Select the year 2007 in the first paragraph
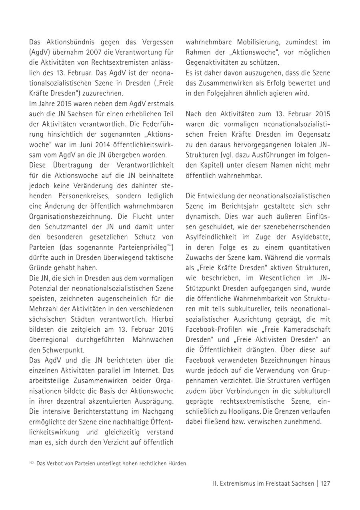click(x=92, y=52)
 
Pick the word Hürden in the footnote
click(x=178, y=464)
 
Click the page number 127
click(x=325, y=484)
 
